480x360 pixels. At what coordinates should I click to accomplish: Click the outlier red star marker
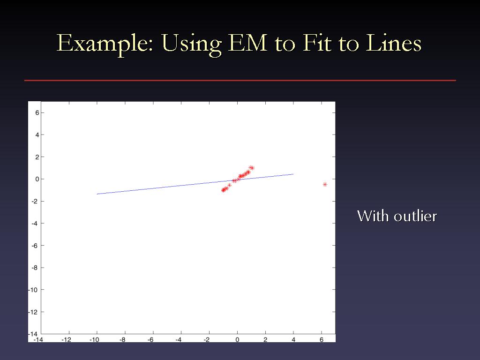click(x=325, y=184)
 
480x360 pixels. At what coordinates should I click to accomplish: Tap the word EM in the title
click(x=248, y=43)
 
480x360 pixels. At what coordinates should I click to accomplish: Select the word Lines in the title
click(x=394, y=43)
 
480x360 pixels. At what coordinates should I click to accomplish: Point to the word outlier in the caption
click(x=415, y=216)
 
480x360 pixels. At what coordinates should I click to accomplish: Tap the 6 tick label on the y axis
click(x=37, y=112)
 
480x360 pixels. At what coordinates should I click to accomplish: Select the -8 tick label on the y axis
click(x=36, y=268)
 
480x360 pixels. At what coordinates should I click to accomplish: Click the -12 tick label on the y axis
click(x=34, y=312)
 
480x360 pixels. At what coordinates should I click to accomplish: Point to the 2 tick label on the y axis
click(x=37, y=157)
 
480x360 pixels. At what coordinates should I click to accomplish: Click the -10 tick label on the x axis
click(x=94, y=339)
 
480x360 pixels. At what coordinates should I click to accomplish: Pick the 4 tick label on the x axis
click(x=293, y=339)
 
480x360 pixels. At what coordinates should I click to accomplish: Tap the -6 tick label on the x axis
click(x=150, y=339)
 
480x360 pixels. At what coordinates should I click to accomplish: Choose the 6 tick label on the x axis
click(x=322, y=339)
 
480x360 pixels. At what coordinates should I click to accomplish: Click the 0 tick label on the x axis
click(x=237, y=339)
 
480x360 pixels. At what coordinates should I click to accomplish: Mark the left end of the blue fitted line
click(x=97, y=194)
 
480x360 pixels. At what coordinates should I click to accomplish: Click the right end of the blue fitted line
click(x=293, y=174)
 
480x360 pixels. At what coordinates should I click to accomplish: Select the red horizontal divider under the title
click(x=240, y=81)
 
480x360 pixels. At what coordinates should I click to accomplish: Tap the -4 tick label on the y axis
click(x=36, y=224)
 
